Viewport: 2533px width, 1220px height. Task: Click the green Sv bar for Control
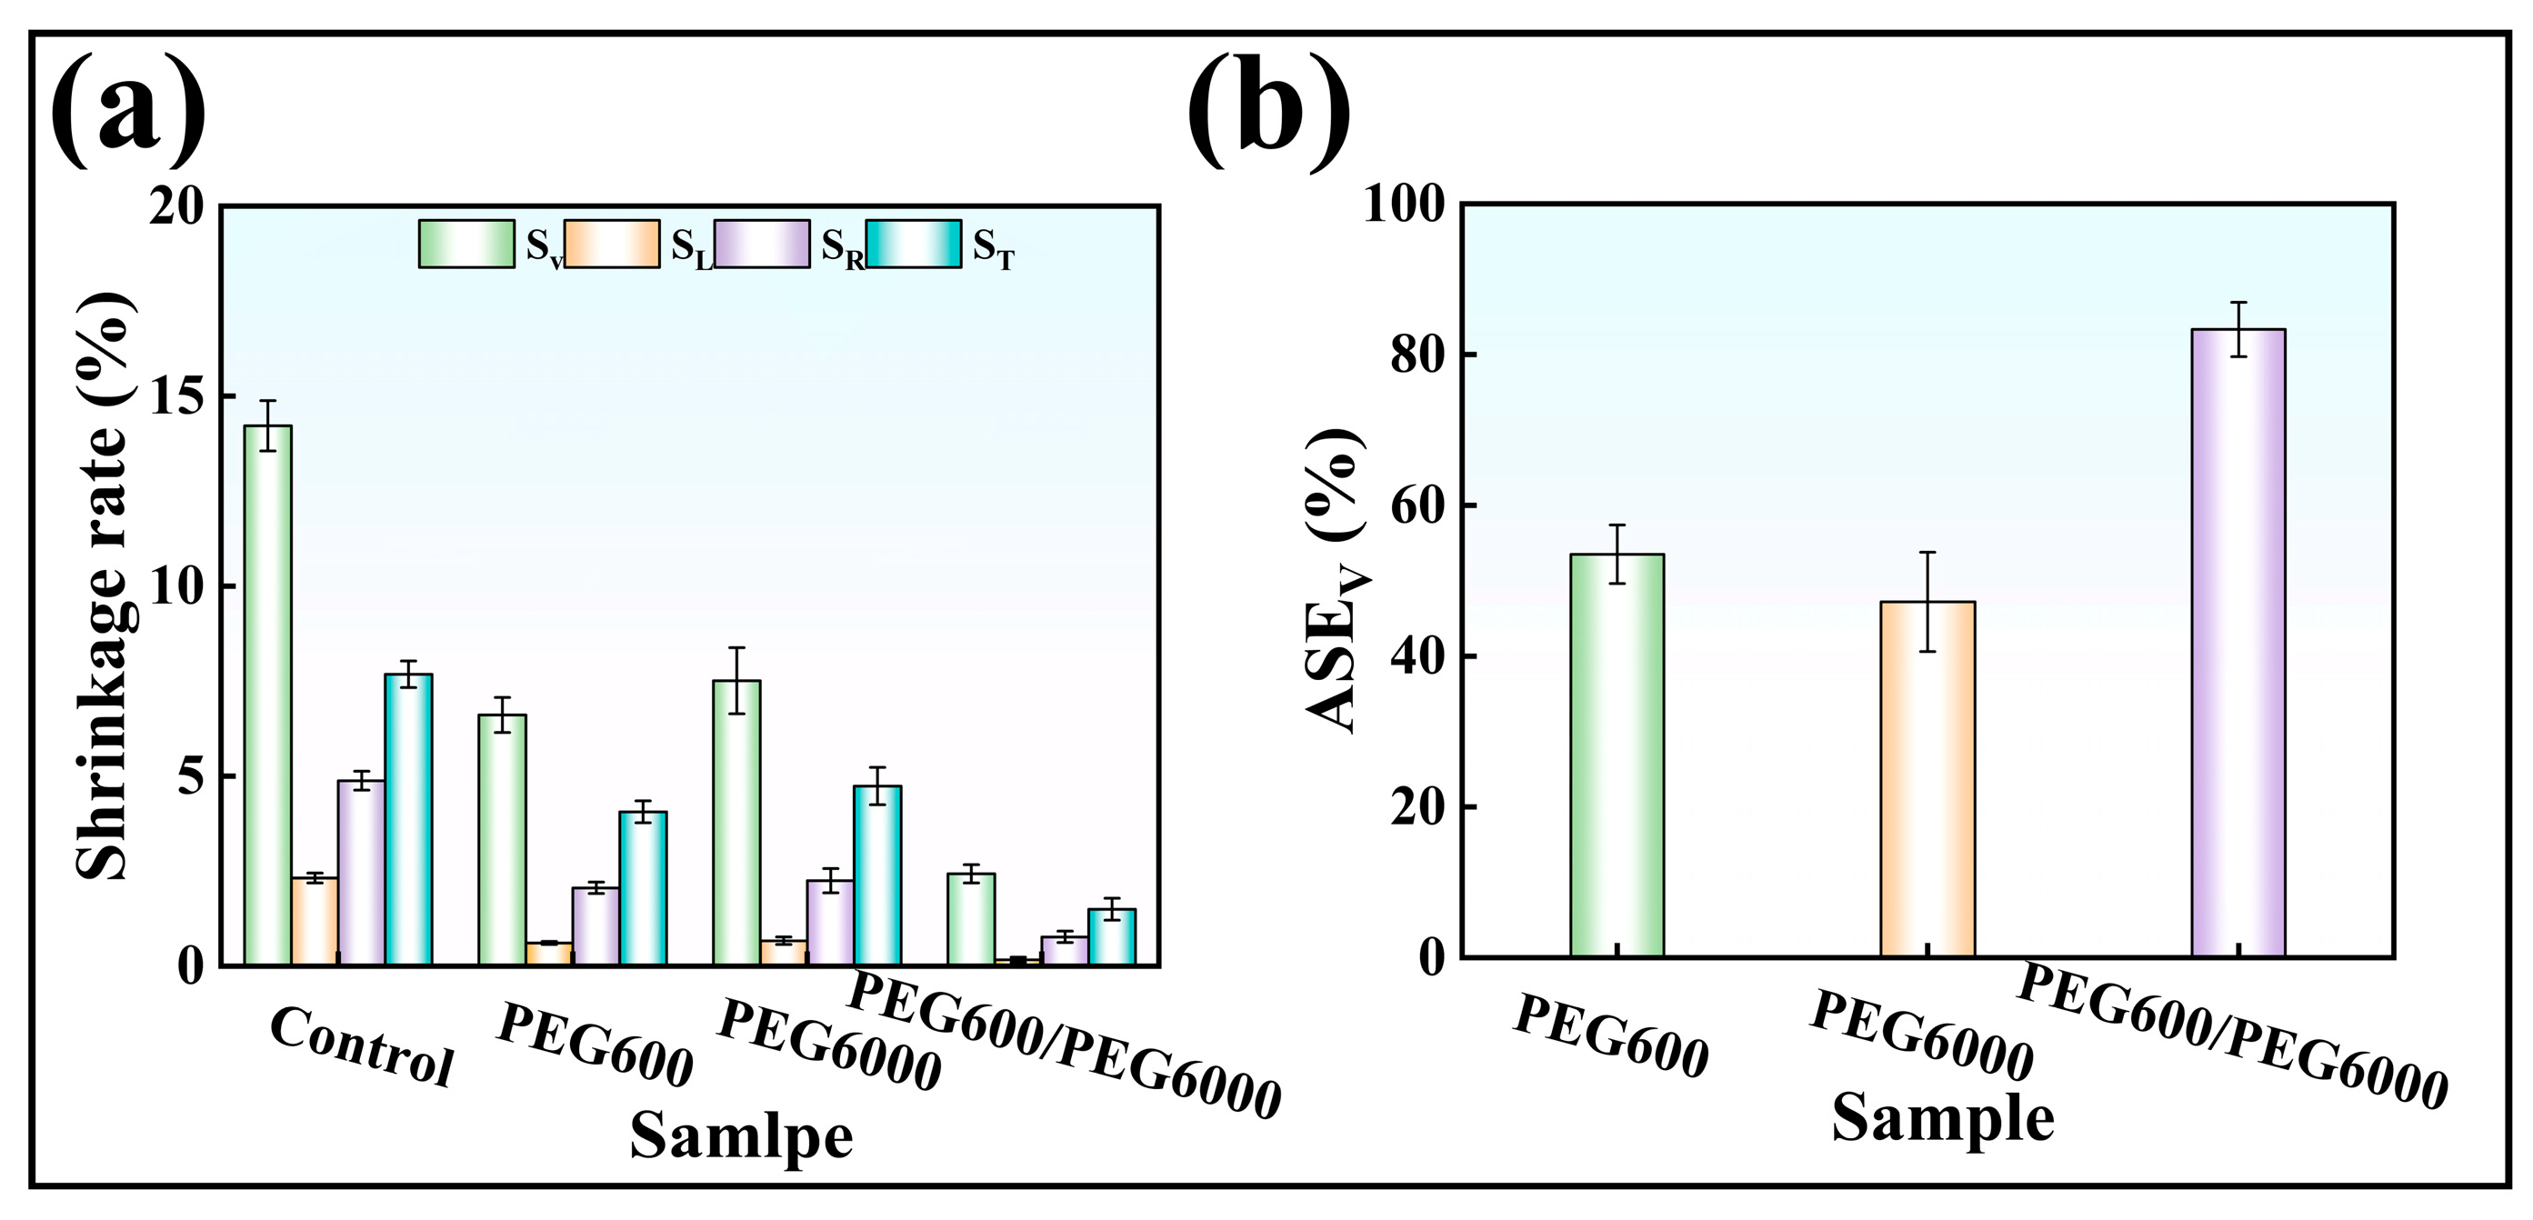coord(267,695)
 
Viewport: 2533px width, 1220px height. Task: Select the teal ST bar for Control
coord(408,820)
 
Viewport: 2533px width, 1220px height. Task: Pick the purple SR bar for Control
coord(361,873)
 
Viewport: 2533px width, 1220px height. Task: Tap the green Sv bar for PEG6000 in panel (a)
coord(736,823)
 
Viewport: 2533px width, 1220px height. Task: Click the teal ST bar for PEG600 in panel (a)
coord(643,889)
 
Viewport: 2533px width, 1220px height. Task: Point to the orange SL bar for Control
coord(315,921)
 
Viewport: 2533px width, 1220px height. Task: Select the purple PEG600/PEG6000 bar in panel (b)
coord(2238,643)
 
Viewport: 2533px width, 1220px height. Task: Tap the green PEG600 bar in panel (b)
coord(1617,756)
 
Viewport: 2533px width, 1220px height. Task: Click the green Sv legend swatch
coord(466,244)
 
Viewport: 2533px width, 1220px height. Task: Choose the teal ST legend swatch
coord(914,244)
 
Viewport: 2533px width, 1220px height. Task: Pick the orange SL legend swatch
coord(612,244)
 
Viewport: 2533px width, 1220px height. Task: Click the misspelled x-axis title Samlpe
coord(741,1136)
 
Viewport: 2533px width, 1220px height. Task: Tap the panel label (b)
coord(1268,110)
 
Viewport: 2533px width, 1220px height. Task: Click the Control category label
coord(361,1047)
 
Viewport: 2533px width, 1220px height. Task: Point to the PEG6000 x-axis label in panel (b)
coord(1921,1035)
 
